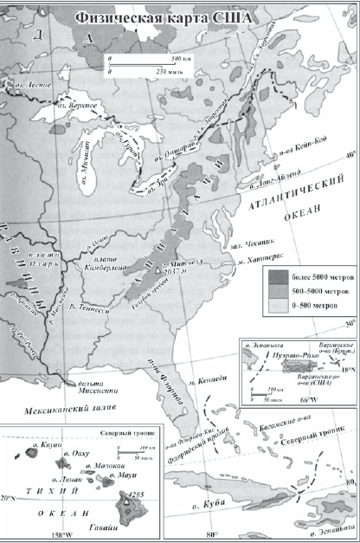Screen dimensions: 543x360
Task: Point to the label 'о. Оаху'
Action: (x=75, y=453)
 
